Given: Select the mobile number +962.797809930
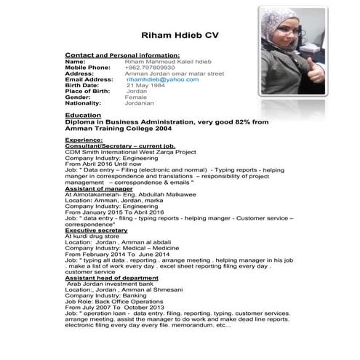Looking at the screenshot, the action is point(150,68).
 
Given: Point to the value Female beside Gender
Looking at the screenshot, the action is point(136,96).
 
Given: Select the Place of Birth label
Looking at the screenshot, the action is point(88,90).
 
